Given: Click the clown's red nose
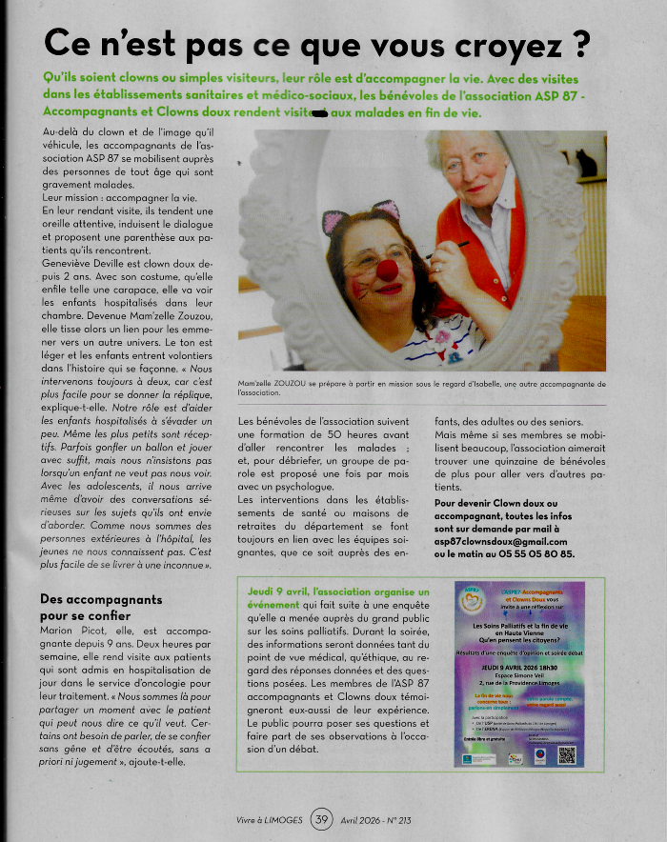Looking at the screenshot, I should [x=387, y=270].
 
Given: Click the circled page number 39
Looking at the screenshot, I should [x=321, y=819].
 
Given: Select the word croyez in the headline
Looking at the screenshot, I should [x=517, y=43].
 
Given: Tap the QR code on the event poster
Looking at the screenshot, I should [x=567, y=754].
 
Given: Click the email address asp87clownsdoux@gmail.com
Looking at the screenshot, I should [x=503, y=541].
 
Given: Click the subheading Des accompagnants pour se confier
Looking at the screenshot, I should [x=102, y=609].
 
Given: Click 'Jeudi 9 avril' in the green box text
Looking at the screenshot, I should [x=280, y=591].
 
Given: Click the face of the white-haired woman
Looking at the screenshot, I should [x=475, y=166].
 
